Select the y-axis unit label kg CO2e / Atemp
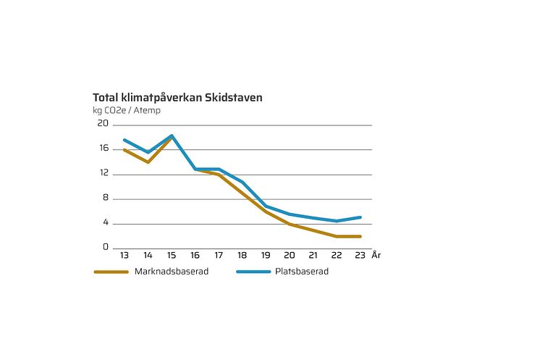127,111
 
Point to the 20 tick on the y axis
104,124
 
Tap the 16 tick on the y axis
104,148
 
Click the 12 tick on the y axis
104,173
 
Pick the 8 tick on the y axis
105,198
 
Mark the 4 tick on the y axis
105,222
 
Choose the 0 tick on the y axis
105,247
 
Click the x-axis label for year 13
125,256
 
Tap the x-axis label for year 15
172,256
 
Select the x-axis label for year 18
242,256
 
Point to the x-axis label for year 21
313,256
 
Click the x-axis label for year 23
360,256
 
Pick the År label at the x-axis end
376,256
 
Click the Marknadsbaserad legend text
167,272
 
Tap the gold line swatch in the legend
111,272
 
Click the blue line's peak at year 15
172,135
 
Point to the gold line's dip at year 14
148,162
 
